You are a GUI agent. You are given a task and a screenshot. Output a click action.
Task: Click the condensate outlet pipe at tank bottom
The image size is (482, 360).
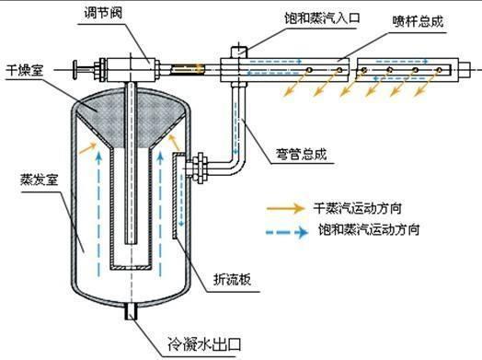coord(132,313)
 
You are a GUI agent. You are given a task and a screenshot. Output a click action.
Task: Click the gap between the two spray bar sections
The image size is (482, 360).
coord(351,69)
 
